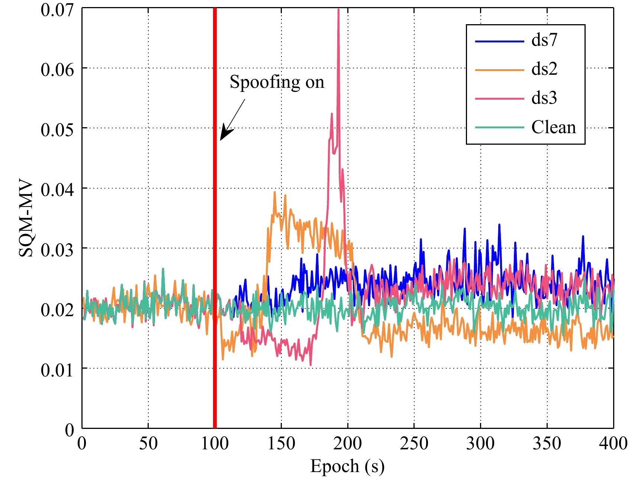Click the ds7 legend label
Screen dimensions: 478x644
(x=544, y=40)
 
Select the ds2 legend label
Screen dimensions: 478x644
(x=544, y=69)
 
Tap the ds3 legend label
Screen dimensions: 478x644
(x=544, y=98)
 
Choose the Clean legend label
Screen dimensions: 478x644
(x=553, y=127)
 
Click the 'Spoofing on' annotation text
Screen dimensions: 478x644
(x=277, y=82)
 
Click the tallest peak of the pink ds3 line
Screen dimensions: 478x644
(x=338, y=10)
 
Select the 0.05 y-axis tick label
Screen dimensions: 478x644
(x=57, y=130)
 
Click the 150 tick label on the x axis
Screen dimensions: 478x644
(x=281, y=443)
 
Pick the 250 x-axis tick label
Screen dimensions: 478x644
(x=414, y=443)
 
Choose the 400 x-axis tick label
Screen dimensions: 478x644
(x=613, y=443)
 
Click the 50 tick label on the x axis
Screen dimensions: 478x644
(x=148, y=443)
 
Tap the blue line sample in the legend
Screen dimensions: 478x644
(x=499, y=41)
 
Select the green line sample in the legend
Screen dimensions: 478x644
(x=499, y=128)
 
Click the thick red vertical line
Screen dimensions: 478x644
(x=215, y=260)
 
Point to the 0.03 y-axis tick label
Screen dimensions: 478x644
(x=57, y=250)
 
